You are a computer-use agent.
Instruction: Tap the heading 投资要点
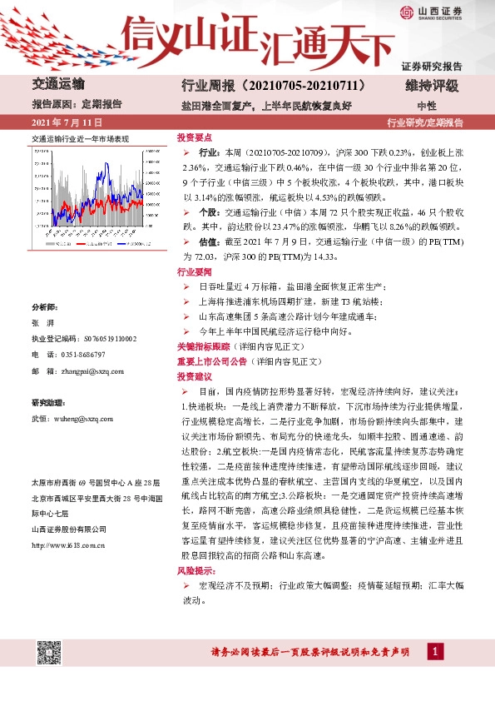(x=195, y=137)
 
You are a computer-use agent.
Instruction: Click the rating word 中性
(x=426, y=106)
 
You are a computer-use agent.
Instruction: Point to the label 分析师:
(x=44, y=307)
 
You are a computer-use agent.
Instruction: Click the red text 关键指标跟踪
(x=201, y=345)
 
